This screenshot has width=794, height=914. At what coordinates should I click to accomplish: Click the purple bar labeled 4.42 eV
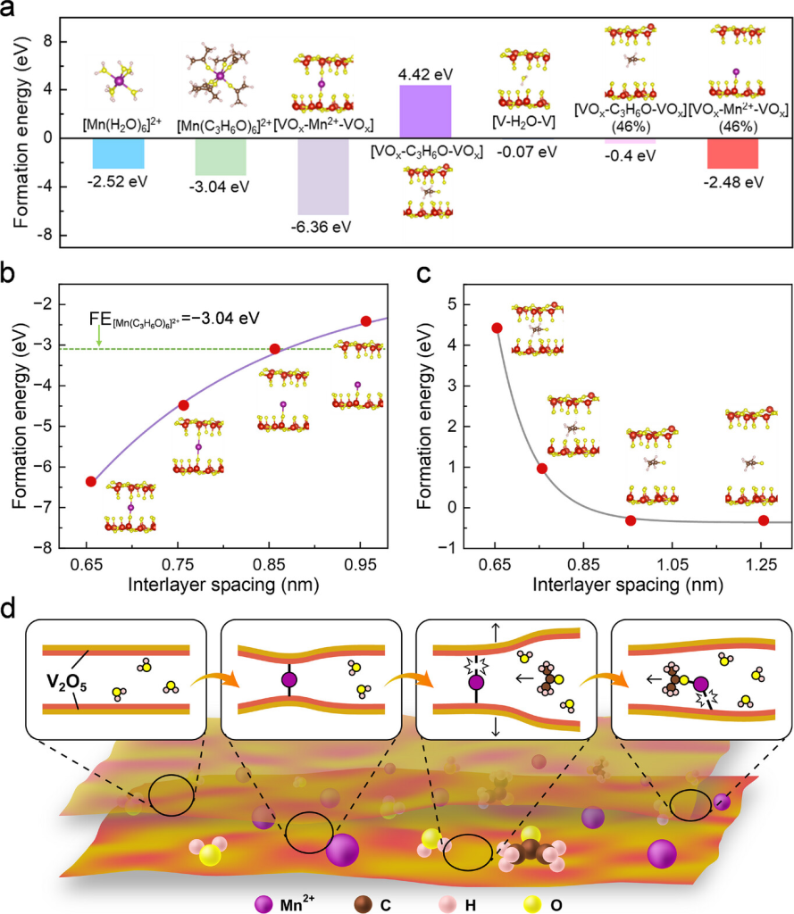click(425, 111)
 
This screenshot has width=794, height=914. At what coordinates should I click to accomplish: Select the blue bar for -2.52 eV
click(118, 154)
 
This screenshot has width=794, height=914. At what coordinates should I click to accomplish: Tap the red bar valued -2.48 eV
click(732, 153)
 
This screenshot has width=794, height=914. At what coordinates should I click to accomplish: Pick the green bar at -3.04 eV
click(221, 157)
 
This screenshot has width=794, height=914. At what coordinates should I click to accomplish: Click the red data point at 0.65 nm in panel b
click(90, 481)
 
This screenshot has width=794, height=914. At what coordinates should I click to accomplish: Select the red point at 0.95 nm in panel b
click(365, 321)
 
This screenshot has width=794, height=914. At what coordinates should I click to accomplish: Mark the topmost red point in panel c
click(497, 328)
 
